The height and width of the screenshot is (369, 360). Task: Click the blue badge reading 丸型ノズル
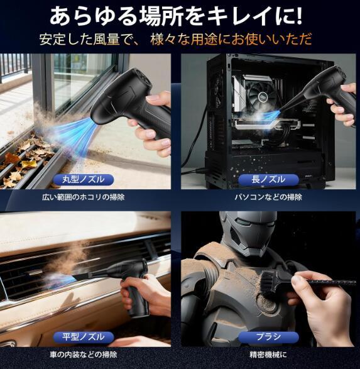(x=83, y=180)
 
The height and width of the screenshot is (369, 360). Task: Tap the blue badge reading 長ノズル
(x=268, y=180)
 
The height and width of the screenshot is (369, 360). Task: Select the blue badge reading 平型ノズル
(x=83, y=337)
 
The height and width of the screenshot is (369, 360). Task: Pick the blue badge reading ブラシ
(x=268, y=337)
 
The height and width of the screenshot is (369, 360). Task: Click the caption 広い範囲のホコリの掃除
(x=83, y=197)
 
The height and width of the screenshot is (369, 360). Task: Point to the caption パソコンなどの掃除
(x=268, y=197)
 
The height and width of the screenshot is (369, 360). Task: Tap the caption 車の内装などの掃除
(x=83, y=355)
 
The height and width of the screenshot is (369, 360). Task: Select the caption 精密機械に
(x=268, y=355)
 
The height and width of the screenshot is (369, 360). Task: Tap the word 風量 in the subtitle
(x=107, y=39)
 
